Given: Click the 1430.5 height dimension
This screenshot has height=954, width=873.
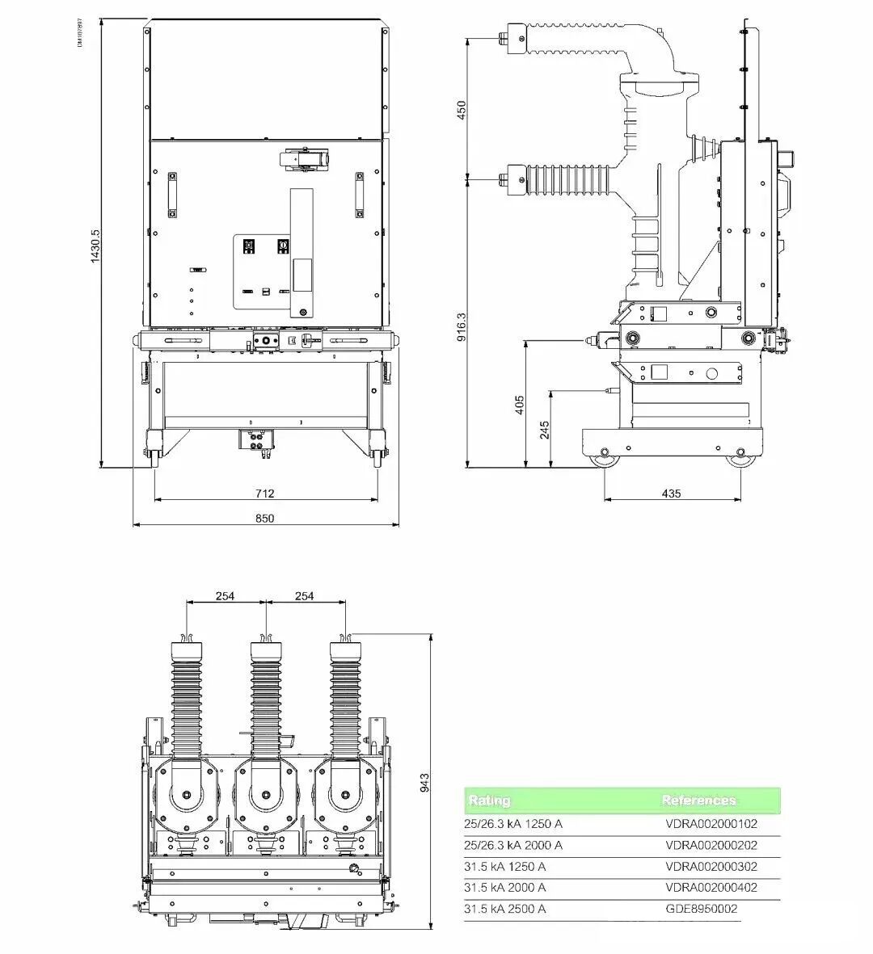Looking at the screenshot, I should click(95, 246).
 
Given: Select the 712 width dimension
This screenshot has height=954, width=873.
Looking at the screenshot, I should click(265, 494).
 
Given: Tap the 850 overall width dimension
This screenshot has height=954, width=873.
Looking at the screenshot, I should click(265, 519).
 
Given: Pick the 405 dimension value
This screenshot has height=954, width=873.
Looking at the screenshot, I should click(520, 404).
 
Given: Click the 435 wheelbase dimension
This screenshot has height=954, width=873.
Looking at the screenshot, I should click(671, 494).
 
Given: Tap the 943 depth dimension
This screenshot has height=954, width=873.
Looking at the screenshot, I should click(426, 782).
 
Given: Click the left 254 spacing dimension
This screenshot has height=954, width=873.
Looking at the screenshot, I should click(225, 596).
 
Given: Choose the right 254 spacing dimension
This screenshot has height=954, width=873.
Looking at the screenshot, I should click(305, 596).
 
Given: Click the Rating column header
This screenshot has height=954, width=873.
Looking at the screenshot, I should click(489, 801).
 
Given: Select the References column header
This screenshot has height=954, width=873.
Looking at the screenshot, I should click(698, 801).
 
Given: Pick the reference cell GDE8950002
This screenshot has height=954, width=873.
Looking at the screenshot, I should click(701, 909).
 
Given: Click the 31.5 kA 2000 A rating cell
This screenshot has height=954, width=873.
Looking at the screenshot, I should click(504, 888).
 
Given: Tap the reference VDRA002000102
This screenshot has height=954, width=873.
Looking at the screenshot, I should click(711, 825).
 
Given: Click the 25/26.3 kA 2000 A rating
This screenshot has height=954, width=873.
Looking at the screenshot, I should click(512, 846).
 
